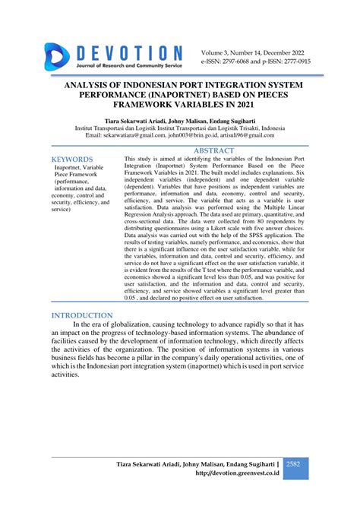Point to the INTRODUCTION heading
tap(82, 315)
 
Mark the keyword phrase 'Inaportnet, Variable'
tap(84, 168)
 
